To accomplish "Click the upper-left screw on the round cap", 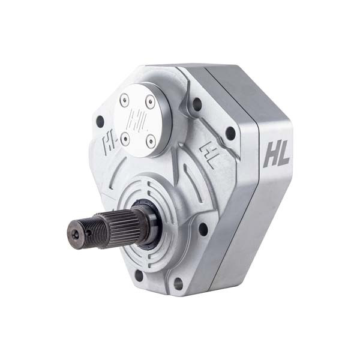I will click(124, 103).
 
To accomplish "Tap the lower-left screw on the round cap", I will click(125, 140).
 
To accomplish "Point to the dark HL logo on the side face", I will click(276, 154).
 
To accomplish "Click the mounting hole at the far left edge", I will click(100, 122).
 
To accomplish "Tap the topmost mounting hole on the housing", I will click(196, 104).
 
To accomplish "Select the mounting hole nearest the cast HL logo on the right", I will click(230, 133).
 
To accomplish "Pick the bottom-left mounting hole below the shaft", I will click(139, 275).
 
